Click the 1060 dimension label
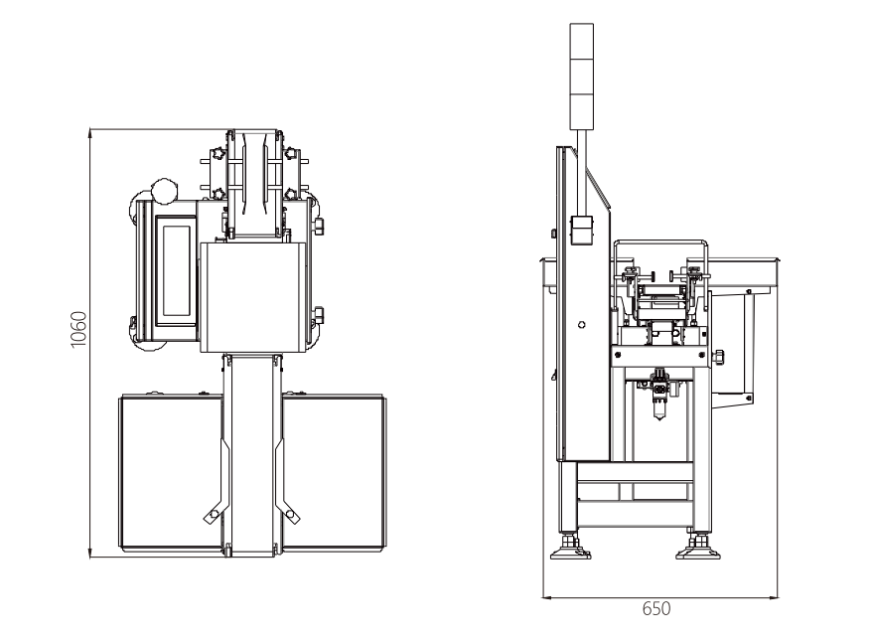[79, 329]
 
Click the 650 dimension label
[656, 608]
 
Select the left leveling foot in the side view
[570, 547]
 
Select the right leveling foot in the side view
[698, 547]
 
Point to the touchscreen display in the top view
[176, 271]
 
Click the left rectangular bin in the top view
[171, 472]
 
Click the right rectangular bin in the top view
[334, 472]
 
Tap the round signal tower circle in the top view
[164, 191]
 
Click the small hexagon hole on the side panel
[582, 325]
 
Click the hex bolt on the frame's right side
[718, 357]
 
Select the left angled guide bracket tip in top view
[211, 517]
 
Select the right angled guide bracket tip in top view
[292, 517]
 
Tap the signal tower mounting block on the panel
[582, 231]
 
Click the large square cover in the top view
[253, 297]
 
